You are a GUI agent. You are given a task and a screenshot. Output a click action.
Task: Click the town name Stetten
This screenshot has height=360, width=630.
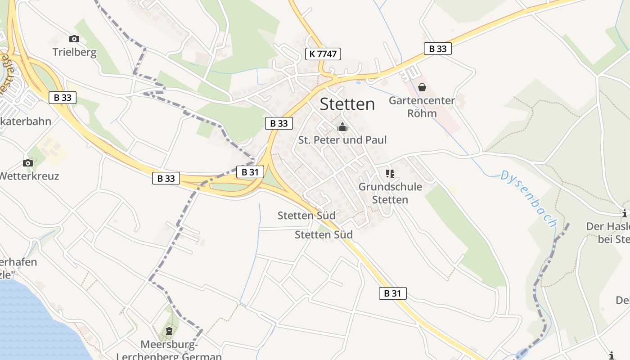pyautogui.click(x=347, y=104)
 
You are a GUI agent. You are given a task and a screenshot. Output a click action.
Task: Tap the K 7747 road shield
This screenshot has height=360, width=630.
pyautogui.click(x=323, y=54)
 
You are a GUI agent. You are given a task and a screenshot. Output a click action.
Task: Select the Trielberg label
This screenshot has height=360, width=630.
pyautogui.click(x=75, y=52)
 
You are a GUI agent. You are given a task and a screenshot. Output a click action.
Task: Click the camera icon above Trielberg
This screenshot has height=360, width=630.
pyautogui.click(x=74, y=39)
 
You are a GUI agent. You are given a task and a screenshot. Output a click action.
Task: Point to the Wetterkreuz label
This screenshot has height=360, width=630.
pyautogui.click(x=29, y=176)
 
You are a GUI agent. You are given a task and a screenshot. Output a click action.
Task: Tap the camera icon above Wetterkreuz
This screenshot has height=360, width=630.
pyautogui.click(x=28, y=163)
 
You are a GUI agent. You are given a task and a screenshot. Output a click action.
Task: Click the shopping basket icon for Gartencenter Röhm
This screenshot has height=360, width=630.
pyautogui.click(x=422, y=87)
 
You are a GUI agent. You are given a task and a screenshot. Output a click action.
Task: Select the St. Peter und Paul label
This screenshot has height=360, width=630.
pyautogui.click(x=342, y=140)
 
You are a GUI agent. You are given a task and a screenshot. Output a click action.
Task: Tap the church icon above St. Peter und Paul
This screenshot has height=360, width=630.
pyautogui.click(x=342, y=127)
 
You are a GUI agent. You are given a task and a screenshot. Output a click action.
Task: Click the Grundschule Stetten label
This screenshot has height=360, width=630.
pyautogui.click(x=390, y=193)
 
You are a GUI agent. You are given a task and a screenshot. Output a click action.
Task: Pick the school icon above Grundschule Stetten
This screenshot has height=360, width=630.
pyautogui.click(x=390, y=174)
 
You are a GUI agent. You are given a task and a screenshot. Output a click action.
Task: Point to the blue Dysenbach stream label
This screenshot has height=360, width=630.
pyautogui.click(x=529, y=198)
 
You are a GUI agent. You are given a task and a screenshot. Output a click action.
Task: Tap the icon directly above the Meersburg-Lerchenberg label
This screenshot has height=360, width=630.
pyautogui.click(x=169, y=332)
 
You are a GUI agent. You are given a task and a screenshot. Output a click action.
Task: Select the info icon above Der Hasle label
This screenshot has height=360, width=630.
pyautogui.click(x=625, y=213)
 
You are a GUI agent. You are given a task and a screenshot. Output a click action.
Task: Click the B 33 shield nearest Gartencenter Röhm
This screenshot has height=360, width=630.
pyautogui.click(x=437, y=49)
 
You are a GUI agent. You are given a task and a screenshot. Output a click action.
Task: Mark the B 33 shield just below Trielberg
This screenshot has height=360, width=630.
pyautogui.click(x=63, y=97)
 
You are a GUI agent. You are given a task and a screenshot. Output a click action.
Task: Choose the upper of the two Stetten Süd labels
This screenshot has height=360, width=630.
pyautogui.click(x=306, y=216)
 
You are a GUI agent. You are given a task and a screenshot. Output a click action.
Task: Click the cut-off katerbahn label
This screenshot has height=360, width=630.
pyautogui.click(x=26, y=121)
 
